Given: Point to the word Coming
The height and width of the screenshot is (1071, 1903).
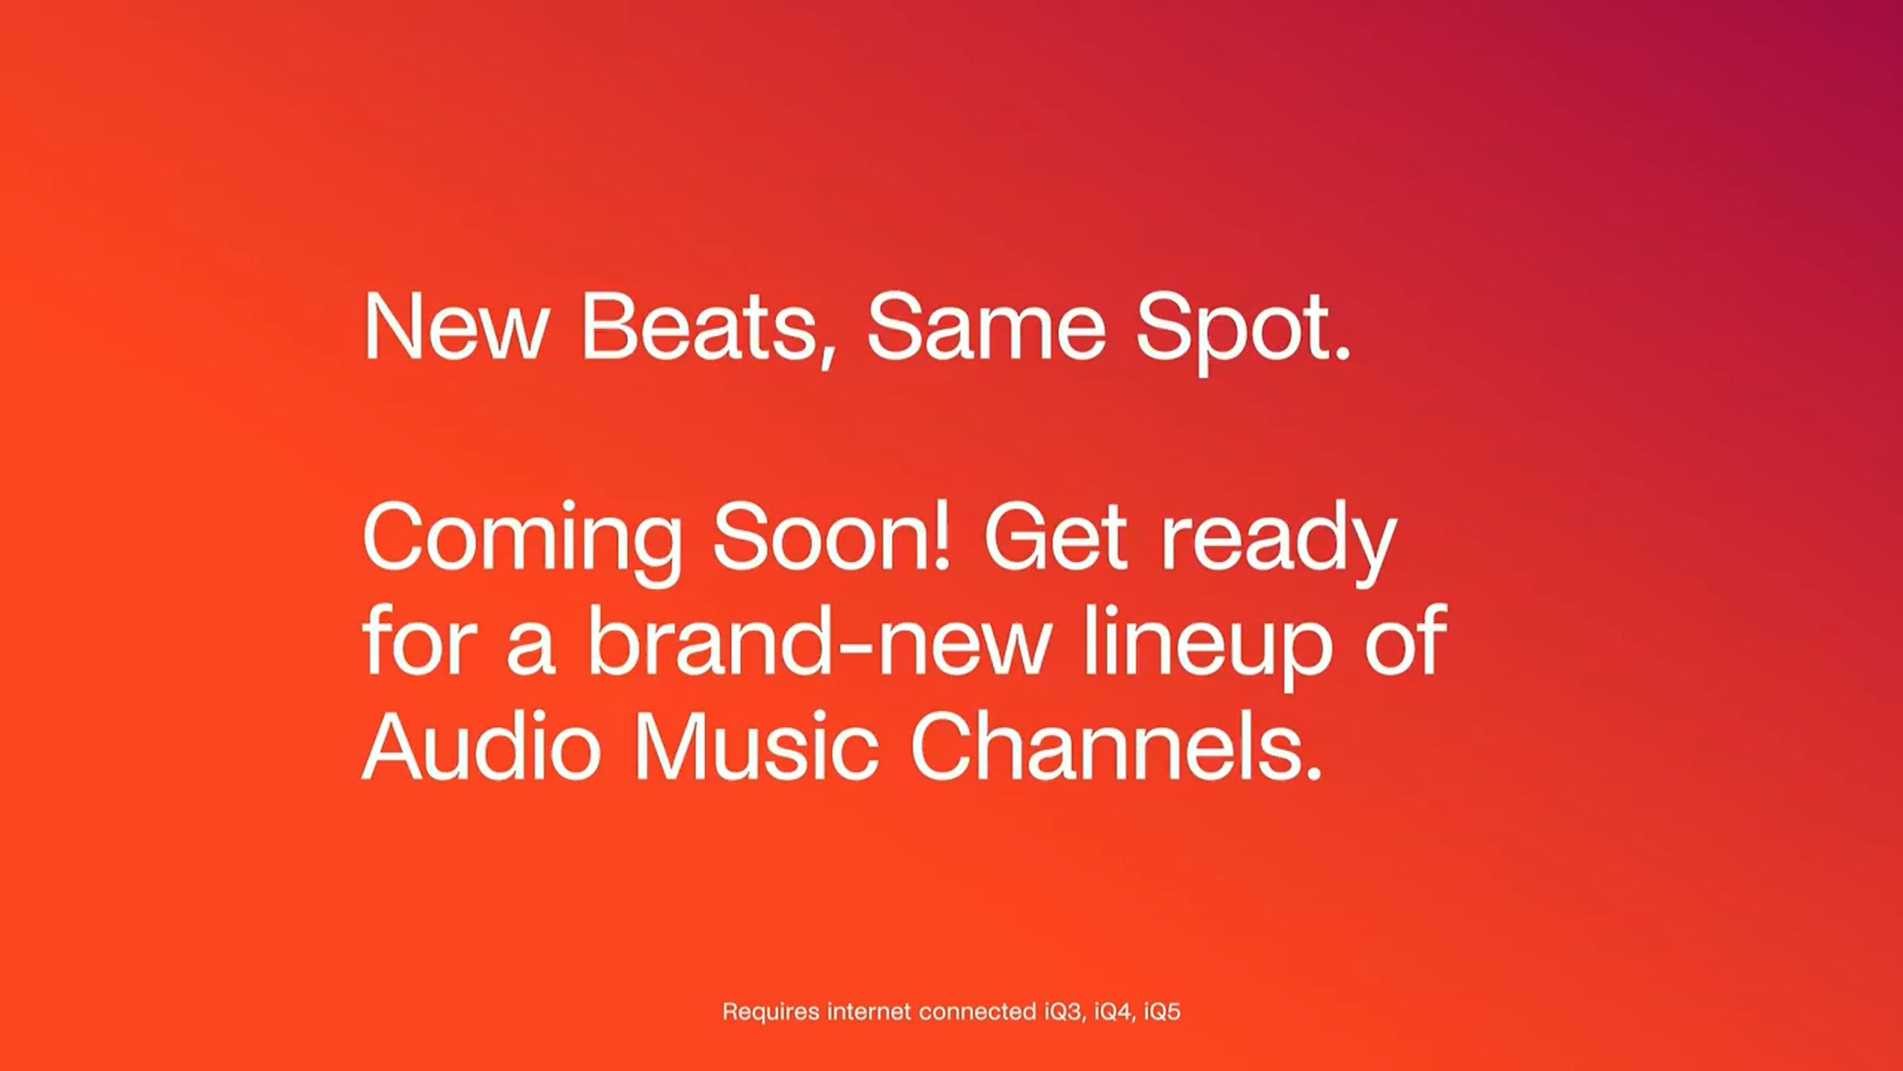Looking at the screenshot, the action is click(x=521, y=542).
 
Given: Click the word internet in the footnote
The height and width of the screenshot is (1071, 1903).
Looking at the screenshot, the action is click(x=869, y=1011).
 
